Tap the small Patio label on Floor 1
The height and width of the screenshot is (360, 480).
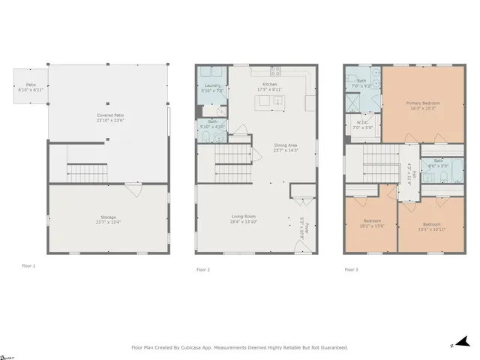31,85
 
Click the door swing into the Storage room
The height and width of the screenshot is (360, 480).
133,190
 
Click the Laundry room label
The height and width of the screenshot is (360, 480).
213,86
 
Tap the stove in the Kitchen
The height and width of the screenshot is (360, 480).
275,72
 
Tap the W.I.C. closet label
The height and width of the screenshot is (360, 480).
362,122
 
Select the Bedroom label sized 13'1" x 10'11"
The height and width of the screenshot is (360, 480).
430,224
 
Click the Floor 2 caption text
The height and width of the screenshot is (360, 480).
202,268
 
